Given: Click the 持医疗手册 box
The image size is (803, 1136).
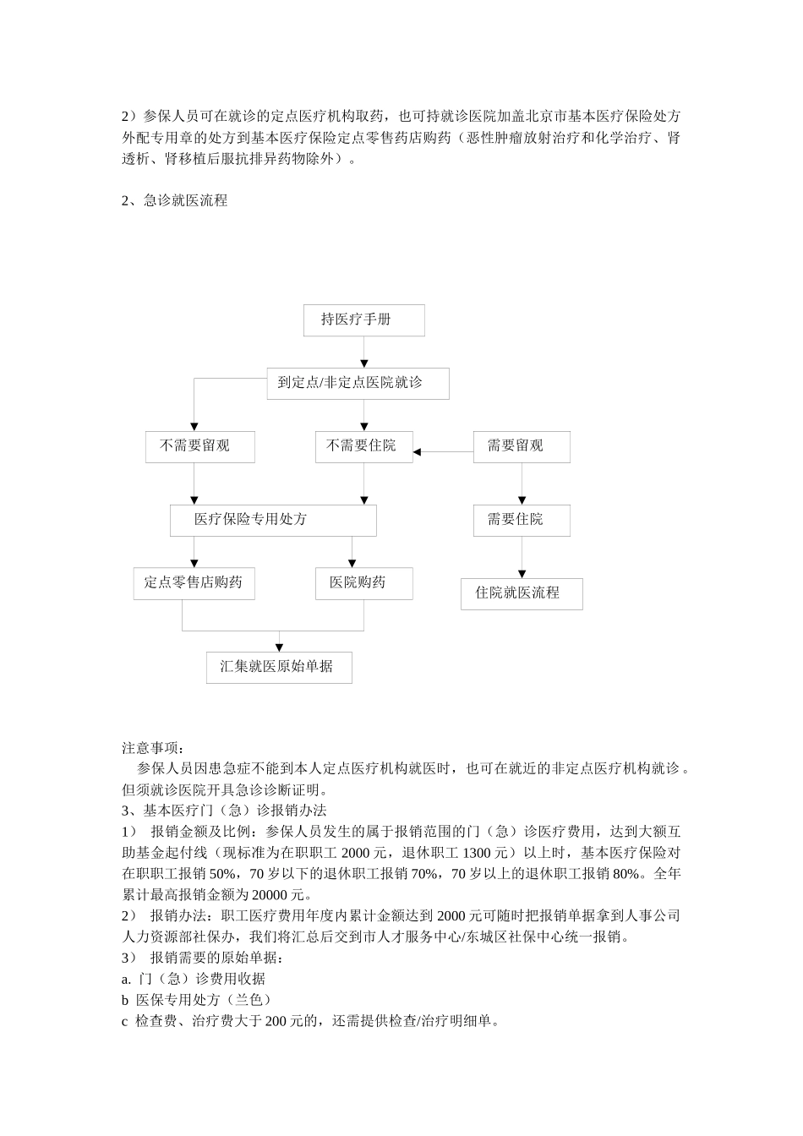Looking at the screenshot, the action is point(363,320).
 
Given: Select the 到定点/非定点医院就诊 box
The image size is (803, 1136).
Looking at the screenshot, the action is point(358,383).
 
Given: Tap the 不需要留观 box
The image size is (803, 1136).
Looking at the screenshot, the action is point(199,446).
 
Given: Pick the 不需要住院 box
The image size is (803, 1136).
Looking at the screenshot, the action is point(363,446).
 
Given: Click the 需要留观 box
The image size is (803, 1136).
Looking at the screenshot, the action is point(521,446).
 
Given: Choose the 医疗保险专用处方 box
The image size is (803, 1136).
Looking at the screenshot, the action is point(273,520).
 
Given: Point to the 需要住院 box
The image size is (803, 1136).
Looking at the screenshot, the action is point(521,520).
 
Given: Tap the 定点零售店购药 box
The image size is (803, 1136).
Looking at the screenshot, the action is point(194,583).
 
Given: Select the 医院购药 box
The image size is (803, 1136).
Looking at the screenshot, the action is point(363,583).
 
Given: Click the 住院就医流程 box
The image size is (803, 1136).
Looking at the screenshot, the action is point(522,593).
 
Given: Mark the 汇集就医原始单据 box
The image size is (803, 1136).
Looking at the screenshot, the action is point(279,667).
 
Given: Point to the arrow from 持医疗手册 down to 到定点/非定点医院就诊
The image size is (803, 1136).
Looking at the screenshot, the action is point(364,352).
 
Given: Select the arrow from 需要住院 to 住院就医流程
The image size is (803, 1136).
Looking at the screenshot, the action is point(522,558).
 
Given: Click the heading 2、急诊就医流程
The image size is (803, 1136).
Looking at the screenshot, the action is point(175,201).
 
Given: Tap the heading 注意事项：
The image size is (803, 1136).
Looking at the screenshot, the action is point(152,748).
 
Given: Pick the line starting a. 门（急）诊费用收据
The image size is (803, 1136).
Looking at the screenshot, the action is point(194,979).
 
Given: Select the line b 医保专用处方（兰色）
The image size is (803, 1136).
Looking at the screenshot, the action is point(196,1000).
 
